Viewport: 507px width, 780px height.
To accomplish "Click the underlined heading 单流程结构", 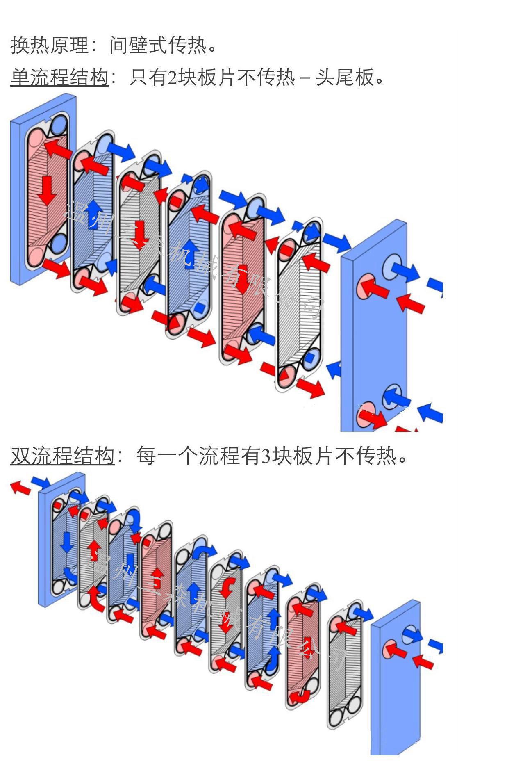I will click(x=59, y=77).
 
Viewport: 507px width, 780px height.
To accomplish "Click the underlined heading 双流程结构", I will click(x=62, y=455).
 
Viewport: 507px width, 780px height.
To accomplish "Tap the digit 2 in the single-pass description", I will click(x=172, y=77).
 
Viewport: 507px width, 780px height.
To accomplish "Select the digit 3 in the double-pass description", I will click(x=266, y=455).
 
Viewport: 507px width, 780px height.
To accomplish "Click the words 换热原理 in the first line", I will click(x=50, y=45).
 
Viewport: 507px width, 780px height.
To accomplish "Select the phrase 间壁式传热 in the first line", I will click(x=158, y=45).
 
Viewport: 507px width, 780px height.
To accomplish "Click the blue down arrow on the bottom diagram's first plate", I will click(x=66, y=542).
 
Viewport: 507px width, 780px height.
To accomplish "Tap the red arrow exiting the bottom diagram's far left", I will click(x=20, y=488).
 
